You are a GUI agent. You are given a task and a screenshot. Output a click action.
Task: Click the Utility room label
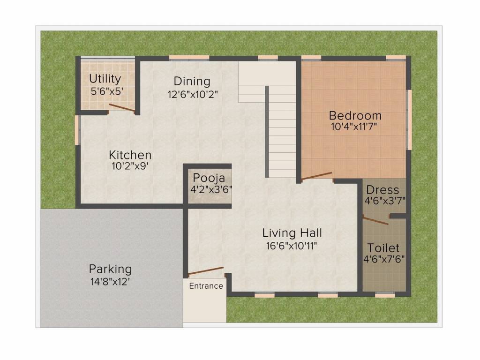pyautogui.click(x=105, y=79)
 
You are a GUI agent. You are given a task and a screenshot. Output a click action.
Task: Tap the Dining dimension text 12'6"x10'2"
pyautogui.click(x=192, y=94)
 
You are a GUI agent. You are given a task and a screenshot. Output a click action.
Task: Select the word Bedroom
pyautogui.click(x=355, y=115)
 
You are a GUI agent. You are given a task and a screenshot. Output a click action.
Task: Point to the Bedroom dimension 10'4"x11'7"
pyautogui.click(x=355, y=127)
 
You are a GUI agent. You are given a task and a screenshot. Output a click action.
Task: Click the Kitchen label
pyautogui.click(x=130, y=155)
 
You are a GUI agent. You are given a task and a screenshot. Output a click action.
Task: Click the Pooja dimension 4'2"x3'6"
pyautogui.click(x=209, y=189)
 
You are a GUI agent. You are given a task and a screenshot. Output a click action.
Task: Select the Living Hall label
pyautogui.click(x=292, y=232)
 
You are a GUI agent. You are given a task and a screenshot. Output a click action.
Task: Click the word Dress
pyautogui.click(x=382, y=190)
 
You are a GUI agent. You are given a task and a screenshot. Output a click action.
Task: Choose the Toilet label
pyautogui.click(x=383, y=247)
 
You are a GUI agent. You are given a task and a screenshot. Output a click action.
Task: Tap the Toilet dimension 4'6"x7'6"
pyautogui.click(x=384, y=259)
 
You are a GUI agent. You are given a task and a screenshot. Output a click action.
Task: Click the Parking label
pyautogui.click(x=110, y=270)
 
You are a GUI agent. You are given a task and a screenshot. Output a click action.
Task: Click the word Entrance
pyautogui.click(x=206, y=286)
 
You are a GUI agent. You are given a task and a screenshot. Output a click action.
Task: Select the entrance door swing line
pyautogui.click(x=206, y=271)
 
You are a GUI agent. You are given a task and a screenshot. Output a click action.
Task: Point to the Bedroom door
pyautogui.click(x=316, y=176)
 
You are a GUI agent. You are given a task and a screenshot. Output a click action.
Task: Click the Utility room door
pyautogui.click(x=122, y=108)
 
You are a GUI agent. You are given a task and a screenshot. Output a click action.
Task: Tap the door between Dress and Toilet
pyautogui.click(x=375, y=220)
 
